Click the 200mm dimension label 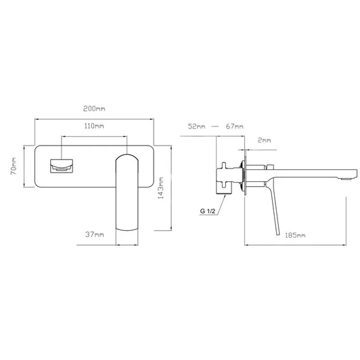click(94, 108)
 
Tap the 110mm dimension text click(94, 126)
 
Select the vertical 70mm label click(14, 166)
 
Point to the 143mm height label click(161, 188)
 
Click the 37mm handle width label click(95, 234)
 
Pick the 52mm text click(196, 127)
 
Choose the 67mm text click(235, 127)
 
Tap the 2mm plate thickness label click(265, 140)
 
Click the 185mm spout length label click(295, 235)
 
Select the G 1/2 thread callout click(208, 211)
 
